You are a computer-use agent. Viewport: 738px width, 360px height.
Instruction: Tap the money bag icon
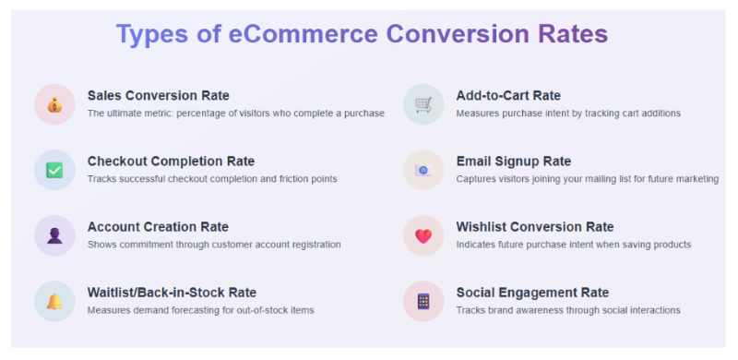(54, 104)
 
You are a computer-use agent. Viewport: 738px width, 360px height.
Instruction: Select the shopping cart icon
(423, 104)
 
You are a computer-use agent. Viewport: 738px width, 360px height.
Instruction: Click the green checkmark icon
(54, 170)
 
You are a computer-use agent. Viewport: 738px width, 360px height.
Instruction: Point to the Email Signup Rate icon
(423, 170)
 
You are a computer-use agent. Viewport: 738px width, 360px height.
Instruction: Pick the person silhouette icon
(54, 235)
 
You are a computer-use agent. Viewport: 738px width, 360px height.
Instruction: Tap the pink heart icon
(423, 235)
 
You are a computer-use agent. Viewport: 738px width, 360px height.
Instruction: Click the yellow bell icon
(54, 301)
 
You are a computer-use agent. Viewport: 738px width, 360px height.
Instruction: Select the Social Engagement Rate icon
(423, 301)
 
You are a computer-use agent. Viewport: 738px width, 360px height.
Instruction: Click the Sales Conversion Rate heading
(159, 96)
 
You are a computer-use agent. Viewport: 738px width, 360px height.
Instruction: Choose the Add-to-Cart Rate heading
(508, 96)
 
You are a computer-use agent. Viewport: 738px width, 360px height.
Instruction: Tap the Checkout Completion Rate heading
(171, 162)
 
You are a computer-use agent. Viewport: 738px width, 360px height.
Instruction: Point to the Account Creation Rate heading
(158, 227)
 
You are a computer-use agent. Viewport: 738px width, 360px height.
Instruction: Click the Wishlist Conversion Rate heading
(534, 227)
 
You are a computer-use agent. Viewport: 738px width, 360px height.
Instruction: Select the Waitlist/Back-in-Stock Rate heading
(172, 293)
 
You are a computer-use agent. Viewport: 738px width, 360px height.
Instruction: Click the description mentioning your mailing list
(587, 179)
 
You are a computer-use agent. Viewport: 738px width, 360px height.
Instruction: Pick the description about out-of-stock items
(200, 310)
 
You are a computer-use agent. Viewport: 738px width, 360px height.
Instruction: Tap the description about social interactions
(567, 310)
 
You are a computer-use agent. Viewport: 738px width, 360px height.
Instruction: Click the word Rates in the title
(573, 34)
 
